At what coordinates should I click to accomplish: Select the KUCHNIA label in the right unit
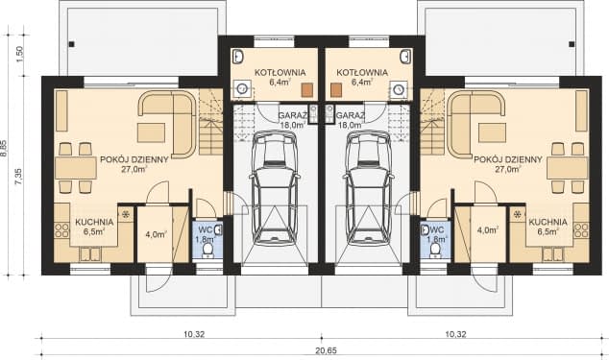pyautogui.click(x=548, y=222)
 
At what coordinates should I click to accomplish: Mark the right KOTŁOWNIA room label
pyautogui.click(x=361, y=72)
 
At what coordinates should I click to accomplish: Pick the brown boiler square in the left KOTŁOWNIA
pyautogui.click(x=306, y=90)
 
